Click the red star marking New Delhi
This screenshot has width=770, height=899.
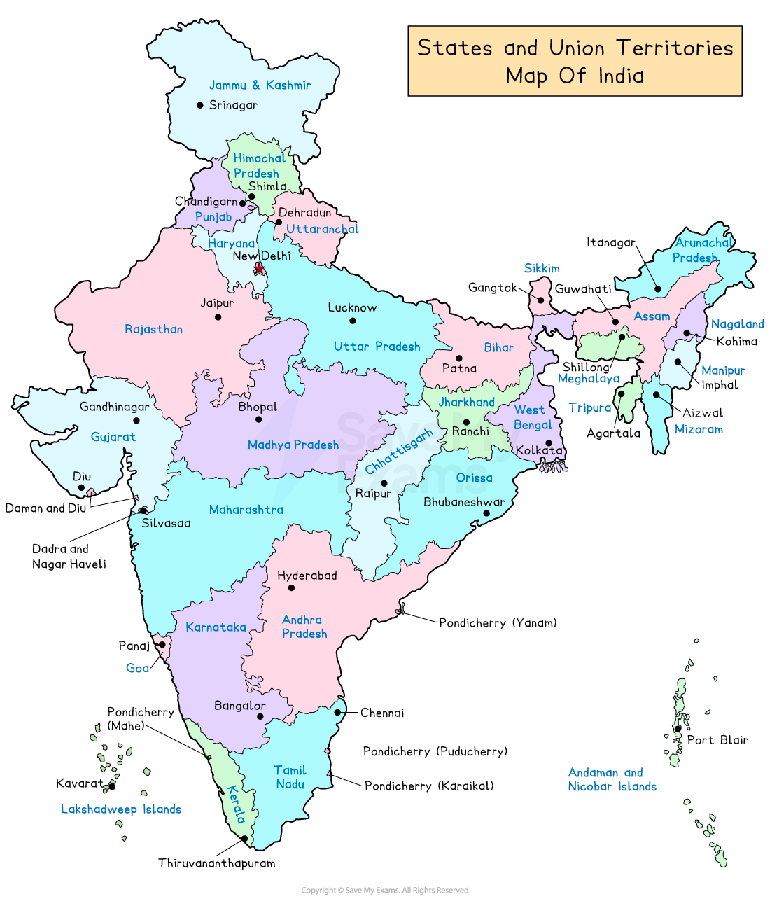(259, 268)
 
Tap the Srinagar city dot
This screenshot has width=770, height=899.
(200, 105)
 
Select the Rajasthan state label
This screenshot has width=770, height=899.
(153, 329)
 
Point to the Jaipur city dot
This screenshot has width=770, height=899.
(218, 317)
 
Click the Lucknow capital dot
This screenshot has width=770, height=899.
(353, 321)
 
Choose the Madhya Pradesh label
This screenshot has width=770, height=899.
(293, 445)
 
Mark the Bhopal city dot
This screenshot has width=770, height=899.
(259, 419)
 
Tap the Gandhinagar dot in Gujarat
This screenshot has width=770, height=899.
(136, 421)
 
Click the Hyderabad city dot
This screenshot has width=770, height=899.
(292, 588)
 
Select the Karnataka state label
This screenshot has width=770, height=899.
(216, 627)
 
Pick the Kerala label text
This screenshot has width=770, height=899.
(236, 805)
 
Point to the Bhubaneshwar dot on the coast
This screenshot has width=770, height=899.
(486, 514)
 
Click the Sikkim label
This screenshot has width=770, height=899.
(542, 268)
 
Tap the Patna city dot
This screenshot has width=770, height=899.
(459, 358)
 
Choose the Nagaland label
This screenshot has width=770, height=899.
(737, 323)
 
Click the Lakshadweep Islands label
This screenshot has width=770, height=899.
(121, 809)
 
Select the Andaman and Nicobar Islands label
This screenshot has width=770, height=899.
(612, 779)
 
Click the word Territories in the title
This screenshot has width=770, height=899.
(675, 48)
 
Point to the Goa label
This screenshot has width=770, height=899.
(137, 668)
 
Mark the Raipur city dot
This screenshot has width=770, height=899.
(384, 483)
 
